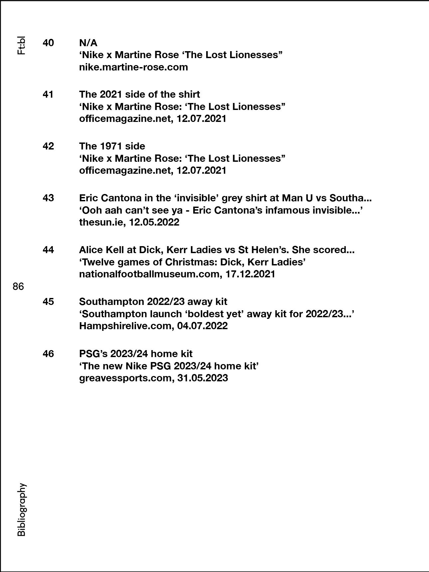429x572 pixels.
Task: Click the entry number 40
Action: [x=48, y=43]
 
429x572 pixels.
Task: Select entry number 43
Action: [x=48, y=198]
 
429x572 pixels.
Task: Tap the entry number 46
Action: [x=48, y=354]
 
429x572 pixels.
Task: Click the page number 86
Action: [x=18, y=286]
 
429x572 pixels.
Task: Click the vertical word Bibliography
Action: [x=21, y=510]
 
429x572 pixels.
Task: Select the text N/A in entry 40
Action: [x=88, y=43]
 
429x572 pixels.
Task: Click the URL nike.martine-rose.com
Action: [x=133, y=67]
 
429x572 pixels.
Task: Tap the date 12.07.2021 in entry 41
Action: [x=201, y=119]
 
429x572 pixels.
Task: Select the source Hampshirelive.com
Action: [x=125, y=326]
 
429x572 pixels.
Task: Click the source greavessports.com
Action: [x=125, y=378]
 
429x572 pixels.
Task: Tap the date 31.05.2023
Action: [x=203, y=378]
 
